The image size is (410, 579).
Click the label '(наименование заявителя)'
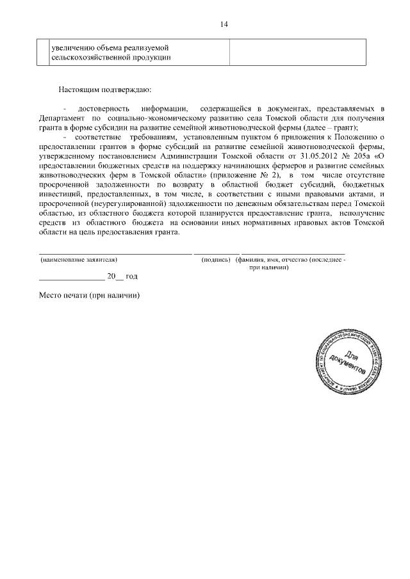[79, 260]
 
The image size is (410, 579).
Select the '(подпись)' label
[215, 260]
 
